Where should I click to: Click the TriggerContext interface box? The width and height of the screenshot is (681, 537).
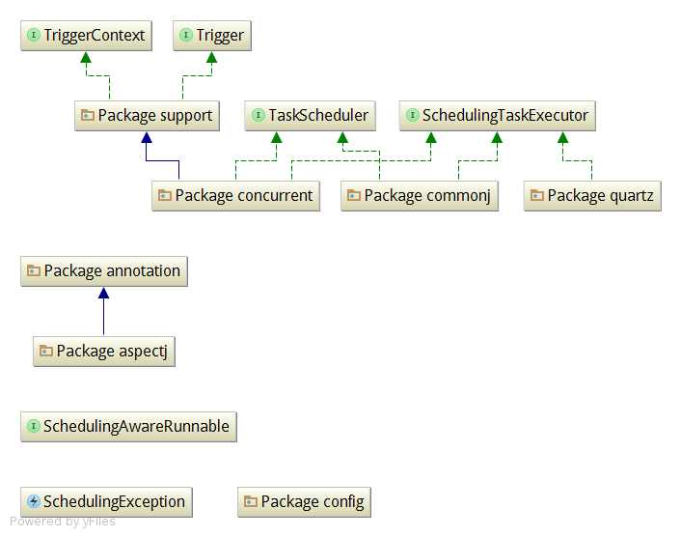pos(86,35)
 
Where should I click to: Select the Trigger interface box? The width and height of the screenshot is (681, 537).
pos(212,35)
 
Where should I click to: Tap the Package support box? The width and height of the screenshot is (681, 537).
pos(147,116)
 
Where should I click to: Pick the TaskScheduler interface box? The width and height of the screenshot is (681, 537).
pos(310,116)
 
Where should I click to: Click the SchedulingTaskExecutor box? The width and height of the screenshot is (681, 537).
pos(498,116)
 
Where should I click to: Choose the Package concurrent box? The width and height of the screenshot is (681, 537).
pos(235,196)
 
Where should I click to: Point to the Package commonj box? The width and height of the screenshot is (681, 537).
pos(419,196)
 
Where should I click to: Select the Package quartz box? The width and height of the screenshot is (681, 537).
pos(592,196)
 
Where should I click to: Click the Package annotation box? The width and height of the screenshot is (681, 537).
pos(104,271)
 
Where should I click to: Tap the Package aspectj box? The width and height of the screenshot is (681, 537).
pos(104,352)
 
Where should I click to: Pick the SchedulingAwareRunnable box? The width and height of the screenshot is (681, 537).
pos(128,427)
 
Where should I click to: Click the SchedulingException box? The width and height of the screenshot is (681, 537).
pos(106,502)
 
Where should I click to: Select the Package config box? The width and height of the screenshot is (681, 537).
pos(304,502)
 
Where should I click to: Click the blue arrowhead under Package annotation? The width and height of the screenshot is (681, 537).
pos(104,293)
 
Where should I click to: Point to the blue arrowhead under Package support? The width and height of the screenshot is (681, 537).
pos(147,137)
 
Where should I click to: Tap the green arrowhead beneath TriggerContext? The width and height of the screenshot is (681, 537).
pos(86,57)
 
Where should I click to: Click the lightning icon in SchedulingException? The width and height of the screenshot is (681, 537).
pos(34,501)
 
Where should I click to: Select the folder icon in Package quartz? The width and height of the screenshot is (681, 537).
pos(537,195)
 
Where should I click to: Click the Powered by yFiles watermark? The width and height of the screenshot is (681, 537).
pos(63,521)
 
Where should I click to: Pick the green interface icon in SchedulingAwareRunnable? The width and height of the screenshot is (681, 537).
pos(34,426)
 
